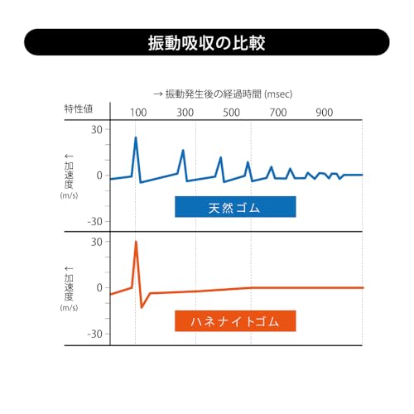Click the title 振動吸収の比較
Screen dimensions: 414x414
click(206, 43)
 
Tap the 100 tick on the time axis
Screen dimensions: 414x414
click(138, 113)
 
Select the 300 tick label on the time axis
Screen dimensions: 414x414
click(185, 113)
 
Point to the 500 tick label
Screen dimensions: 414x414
click(232, 113)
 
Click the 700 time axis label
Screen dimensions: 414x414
click(278, 113)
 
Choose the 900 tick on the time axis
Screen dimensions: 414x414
click(325, 113)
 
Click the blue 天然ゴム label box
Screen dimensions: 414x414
click(235, 207)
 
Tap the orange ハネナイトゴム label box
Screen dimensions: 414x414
click(235, 321)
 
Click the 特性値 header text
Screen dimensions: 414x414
click(79, 108)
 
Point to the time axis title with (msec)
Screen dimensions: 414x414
click(223, 94)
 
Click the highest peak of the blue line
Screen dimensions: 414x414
click(136, 137)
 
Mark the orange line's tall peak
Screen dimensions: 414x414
click(136, 241)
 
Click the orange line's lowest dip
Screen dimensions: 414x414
click(142, 307)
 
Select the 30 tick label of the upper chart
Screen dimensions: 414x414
click(97, 129)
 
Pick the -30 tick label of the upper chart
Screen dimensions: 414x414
click(95, 221)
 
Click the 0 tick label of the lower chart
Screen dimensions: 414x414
click(99, 288)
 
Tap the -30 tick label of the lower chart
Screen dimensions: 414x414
click(95, 334)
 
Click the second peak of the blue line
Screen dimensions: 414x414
click(183, 150)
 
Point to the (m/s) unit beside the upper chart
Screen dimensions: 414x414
click(69, 195)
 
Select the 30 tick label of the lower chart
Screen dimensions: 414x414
click(97, 242)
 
